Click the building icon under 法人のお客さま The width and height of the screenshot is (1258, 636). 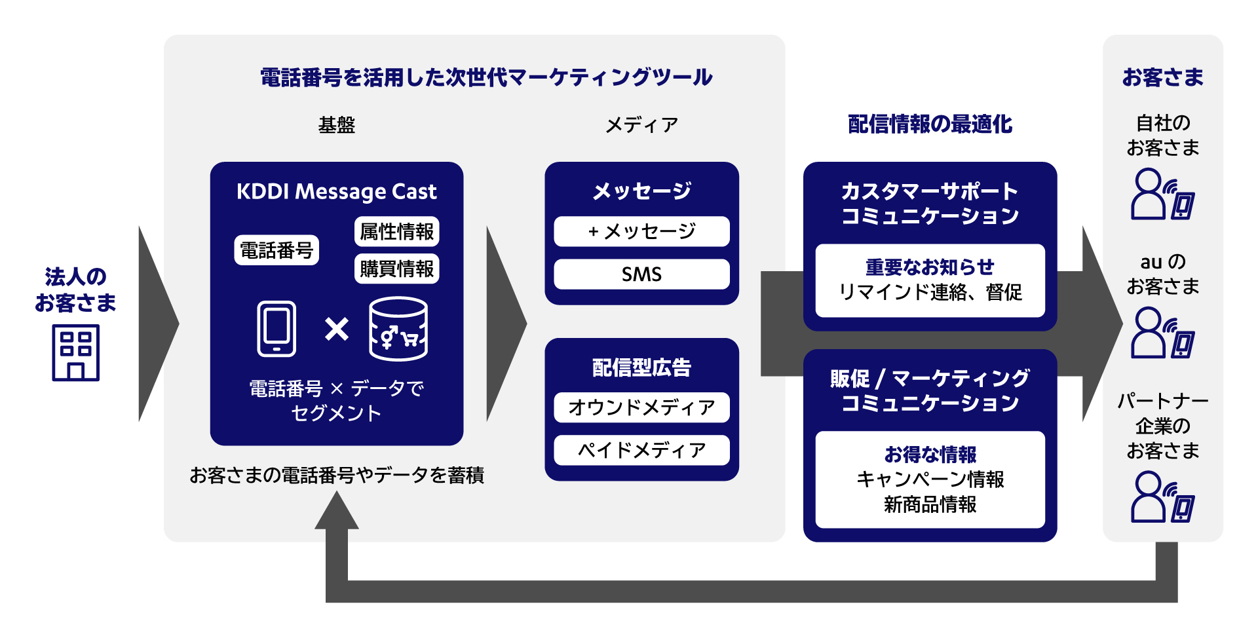(x=75, y=352)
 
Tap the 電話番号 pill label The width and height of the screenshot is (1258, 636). (x=276, y=250)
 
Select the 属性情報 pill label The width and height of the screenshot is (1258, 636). (x=396, y=231)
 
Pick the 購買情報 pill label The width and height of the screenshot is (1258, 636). (x=396, y=269)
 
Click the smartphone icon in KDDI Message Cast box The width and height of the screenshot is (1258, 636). (x=276, y=329)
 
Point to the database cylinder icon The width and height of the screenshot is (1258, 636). (x=398, y=329)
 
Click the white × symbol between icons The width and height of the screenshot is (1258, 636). (x=337, y=329)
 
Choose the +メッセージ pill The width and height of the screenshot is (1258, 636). (x=641, y=231)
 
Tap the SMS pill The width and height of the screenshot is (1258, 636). (x=641, y=274)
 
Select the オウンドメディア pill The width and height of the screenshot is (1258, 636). (x=641, y=407)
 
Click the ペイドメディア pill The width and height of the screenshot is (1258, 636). (x=641, y=450)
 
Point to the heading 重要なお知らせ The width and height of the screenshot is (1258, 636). (x=930, y=267)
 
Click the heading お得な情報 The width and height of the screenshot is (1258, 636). (x=930, y=454)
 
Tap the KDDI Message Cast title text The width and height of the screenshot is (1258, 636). (x=336, y=191)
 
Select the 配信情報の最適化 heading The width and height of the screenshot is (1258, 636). (x=930, y=124)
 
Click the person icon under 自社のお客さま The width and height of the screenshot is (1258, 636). (x=1149, y=194)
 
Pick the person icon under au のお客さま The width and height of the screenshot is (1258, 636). (x=1149, y=333)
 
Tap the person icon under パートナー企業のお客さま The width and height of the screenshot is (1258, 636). (x=1149, y=497)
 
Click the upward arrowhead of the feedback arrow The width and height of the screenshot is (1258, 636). (x=337, y=511)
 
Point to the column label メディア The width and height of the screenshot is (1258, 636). (x=641, y=124)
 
